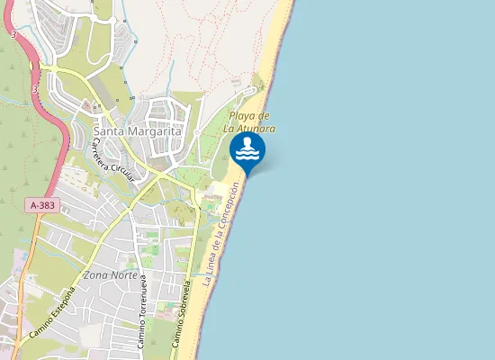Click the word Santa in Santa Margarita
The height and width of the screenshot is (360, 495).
tap(108, 131)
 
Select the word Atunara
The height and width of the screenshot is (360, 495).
tap(255, 129)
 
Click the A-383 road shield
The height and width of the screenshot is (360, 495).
tap(42, 205)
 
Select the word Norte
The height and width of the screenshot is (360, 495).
tap(126, 274)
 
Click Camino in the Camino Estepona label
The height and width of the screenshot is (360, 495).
tap(38, 328)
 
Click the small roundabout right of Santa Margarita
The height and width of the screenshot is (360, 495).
tap(196, 133)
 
